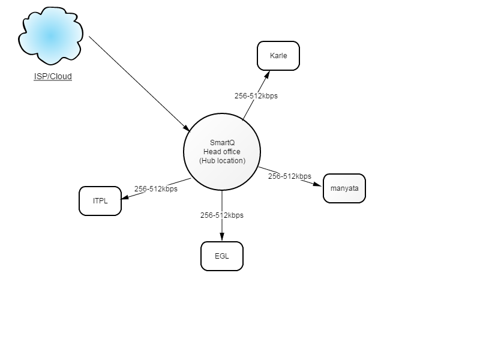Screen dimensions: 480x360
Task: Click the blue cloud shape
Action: (50, 36)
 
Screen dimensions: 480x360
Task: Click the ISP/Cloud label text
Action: (53, 76)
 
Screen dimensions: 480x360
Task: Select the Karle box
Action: (278, 56)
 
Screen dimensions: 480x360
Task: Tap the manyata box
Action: (344, 188)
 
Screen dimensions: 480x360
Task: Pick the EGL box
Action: (222, 256)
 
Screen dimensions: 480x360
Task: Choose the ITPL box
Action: (100, 201)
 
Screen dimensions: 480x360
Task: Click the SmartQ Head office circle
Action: (222, 152)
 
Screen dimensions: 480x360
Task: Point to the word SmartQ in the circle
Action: (222, 143)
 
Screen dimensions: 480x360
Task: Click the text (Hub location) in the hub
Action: (222, 161)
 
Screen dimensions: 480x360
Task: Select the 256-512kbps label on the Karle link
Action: (256, 96)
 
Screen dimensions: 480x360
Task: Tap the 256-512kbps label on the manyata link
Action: (290, 176)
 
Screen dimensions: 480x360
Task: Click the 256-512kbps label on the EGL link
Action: (222, 215)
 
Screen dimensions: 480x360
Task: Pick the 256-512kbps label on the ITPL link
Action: (156, 189)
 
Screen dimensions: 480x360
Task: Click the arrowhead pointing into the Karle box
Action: (267, 74)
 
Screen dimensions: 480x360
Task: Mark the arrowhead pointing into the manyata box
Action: (317, 184)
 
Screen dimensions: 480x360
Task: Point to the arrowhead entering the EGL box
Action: (222, 236)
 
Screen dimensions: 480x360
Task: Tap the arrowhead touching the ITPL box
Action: (125, 197)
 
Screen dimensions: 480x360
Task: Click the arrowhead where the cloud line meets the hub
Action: (187, 128)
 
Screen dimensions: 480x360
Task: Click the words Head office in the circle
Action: (222, 152)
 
